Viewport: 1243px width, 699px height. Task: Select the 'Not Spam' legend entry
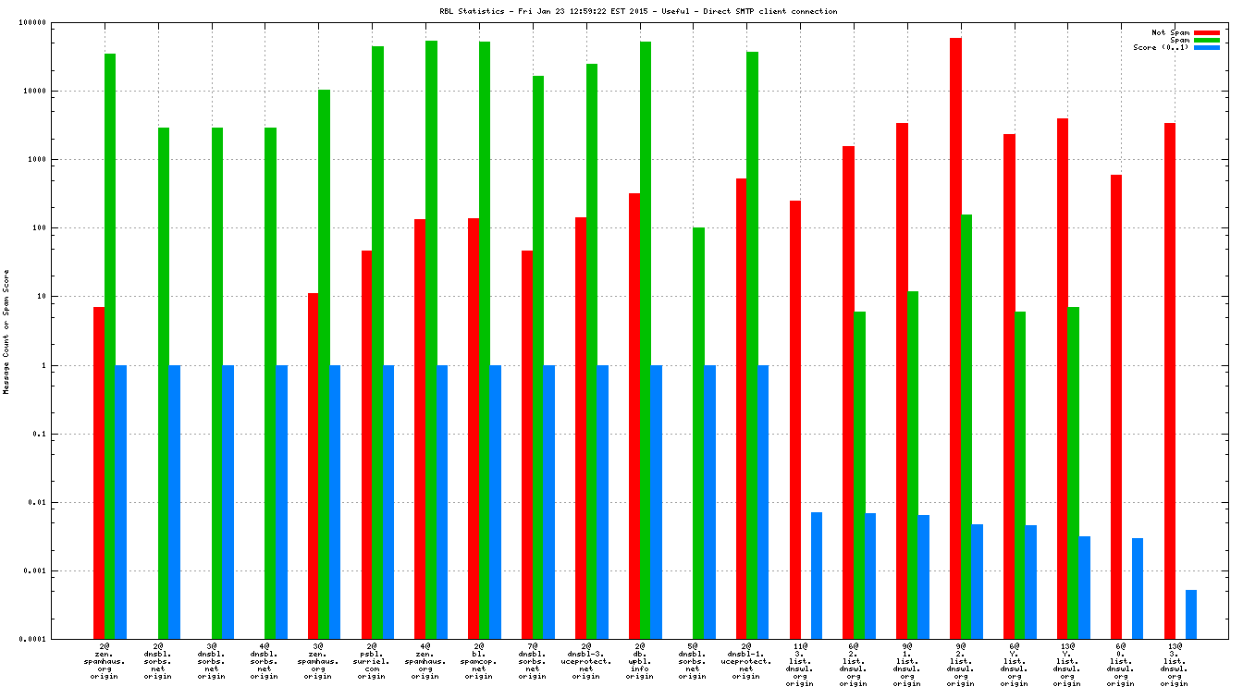(1170, 32)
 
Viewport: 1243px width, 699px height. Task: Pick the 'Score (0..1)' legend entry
(1161, 47)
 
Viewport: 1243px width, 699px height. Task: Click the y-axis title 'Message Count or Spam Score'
(6, 332)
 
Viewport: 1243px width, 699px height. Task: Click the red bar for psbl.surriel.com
(366, 444)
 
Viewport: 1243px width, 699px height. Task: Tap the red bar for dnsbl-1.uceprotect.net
(741, 408)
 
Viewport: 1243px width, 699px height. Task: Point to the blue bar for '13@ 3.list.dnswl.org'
(1191, 614)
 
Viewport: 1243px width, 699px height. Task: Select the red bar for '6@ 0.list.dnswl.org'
(1116, 406)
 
